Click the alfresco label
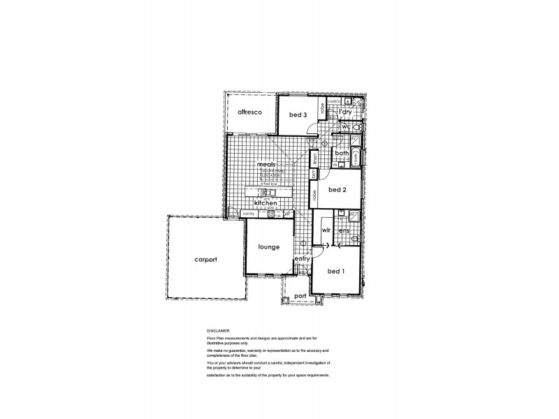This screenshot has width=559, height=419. click(249, 112)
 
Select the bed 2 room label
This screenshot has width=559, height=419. click(338, 189)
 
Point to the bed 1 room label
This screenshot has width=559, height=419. click(336, 271)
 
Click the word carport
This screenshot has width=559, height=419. click(205, 260)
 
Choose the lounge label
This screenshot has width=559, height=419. click(268, 247)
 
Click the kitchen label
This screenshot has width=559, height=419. click(266, 203)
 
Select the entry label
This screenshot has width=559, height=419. click(302, 258)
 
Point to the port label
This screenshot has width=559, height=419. click(300, 295)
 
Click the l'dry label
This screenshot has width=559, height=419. click(344, 112)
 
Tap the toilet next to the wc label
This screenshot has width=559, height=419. click(357, 128)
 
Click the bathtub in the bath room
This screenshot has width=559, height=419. click(355, 157)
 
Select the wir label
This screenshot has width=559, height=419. click(325, 229)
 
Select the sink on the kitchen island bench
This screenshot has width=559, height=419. click(265, 192)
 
